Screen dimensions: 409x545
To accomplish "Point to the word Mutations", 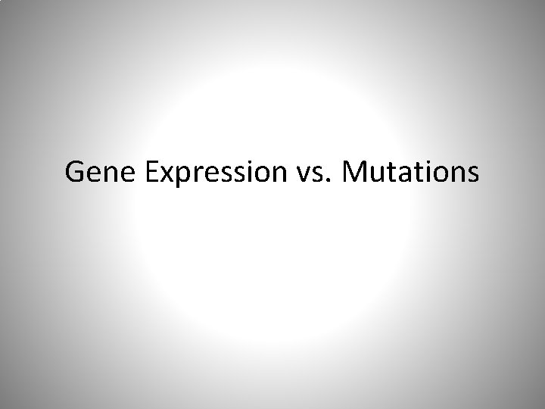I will [x=410, y=173].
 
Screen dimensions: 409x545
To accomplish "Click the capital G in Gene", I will [x=75, y=173].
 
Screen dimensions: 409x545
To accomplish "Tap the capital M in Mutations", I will [x=354, y=173].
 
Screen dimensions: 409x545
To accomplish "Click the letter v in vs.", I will [x=298, y=176].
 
